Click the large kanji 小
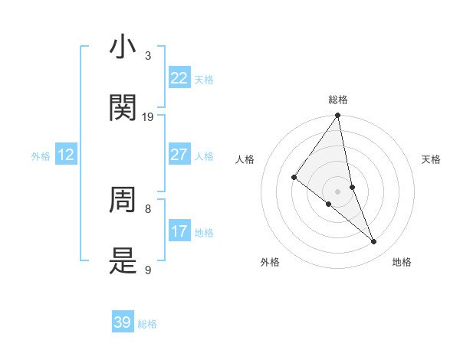pyautogui.click(x=123, y=47)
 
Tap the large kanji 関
pyautogui.click(x=123, y=108)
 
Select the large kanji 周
pyautogui.click(x=123, y=200)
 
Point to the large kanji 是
pyautogui.click(x=123, y=261)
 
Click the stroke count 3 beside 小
pyautogui.click(x=147, y=56)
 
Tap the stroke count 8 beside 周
pyautogui.click(x=147, y=208)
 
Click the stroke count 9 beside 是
pyautogui.click(x=147, y=270)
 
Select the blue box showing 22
pyautogui.click(x=179, y=78)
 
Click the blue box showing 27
pyautogui.click(x=179, y=155)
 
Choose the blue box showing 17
pyautogui.click(x=179, y=231)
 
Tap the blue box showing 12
pyautogui.click(x=66, y=155)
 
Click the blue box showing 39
pyautogui.click(x=123, y=322)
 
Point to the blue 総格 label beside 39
pyautogui.click(x=147, y=325)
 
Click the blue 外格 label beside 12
pyautogui.click(x=41, y=156)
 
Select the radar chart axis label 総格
pyautogui.click(x=338, y=100)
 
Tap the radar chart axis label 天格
pyautogui.click(x=432, y=159)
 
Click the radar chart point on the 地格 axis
pyautogui.click(x=374, y=242)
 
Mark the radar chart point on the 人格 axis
pyautogui.click(x=294, y=177)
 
